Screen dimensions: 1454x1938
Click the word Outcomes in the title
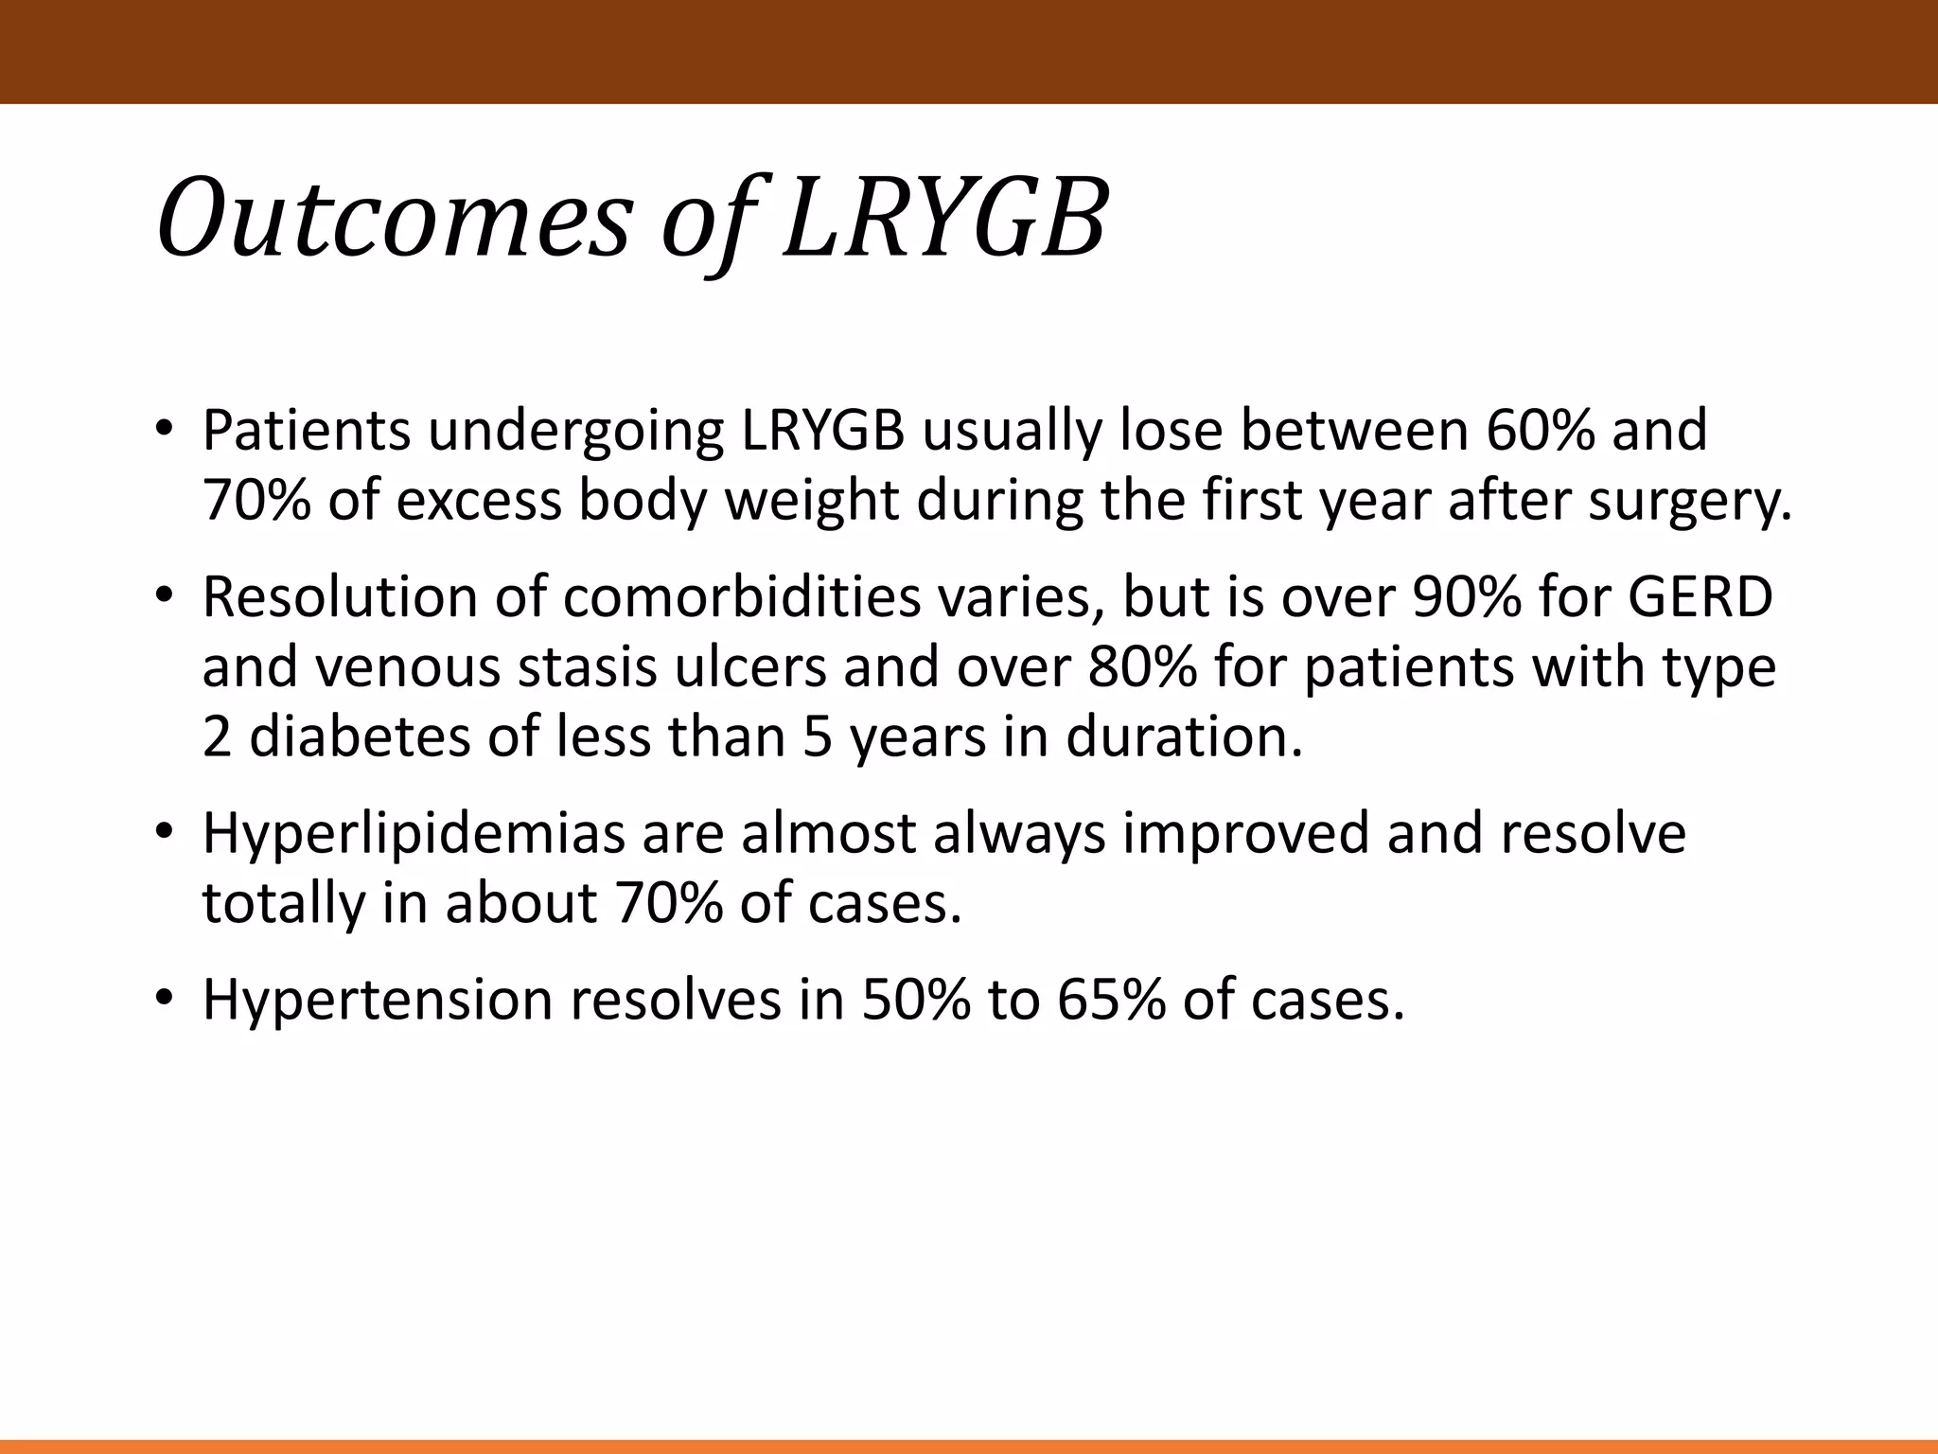(393, 221)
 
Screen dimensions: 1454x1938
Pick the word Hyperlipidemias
(414, 835)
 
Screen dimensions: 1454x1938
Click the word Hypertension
(377, 1001)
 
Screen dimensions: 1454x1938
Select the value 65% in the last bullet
(1111, 1001)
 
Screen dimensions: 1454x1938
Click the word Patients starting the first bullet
(306, 431)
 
